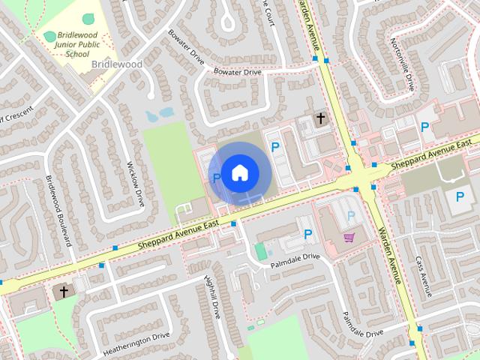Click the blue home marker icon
click(239, 172)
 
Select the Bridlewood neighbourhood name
click(117, 64)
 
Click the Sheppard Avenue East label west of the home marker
click(178, 235)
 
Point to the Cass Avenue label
click(424, 277)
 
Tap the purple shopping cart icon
click(349, 238)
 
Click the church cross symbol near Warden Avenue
click(321, 118)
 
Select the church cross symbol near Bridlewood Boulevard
click(64, 291)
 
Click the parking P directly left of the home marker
click(217, 178)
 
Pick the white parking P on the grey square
click(460, 196)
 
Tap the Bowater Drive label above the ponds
click(237, 72)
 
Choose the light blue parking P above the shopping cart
click(350, 216)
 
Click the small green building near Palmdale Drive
click(260, 251)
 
